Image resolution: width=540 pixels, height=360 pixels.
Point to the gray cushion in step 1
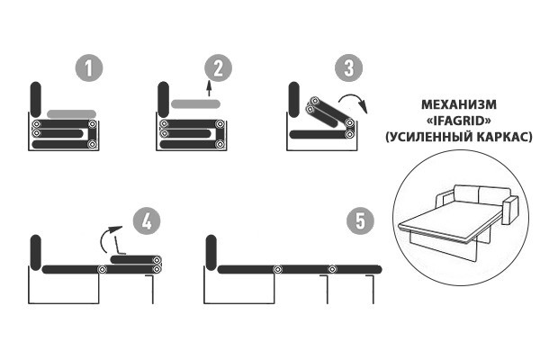71,113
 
